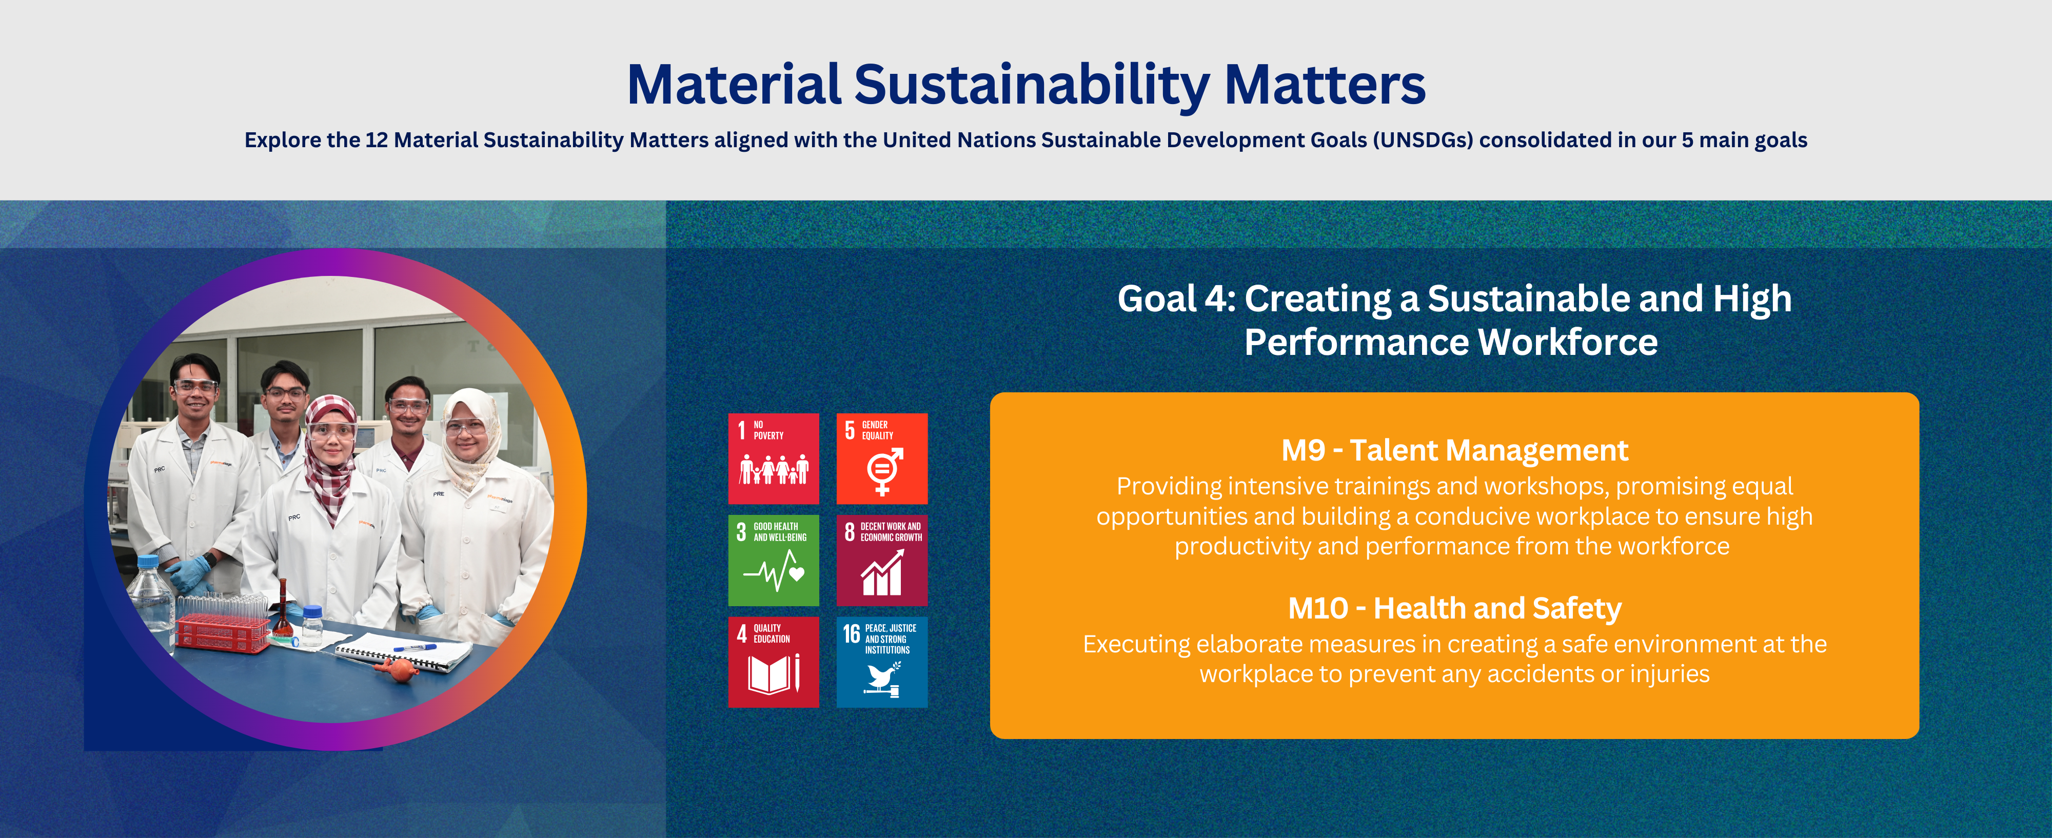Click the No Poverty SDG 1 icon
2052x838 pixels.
[773, 458]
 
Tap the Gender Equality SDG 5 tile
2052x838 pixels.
[882, 458]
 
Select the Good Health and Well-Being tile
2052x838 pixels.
[773, 560]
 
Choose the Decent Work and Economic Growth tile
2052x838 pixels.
[882, 560]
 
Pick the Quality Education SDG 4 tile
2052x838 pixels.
[773, 662]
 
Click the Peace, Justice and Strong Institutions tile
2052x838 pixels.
[882, 662]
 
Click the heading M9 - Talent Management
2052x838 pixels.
[1454, 451]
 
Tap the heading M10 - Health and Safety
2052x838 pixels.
[1454, 609]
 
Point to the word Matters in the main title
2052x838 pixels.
[1325, 85]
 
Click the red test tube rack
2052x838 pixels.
[223, 629]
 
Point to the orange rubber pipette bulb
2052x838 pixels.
[397, 668]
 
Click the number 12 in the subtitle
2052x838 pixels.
[376, 140]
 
